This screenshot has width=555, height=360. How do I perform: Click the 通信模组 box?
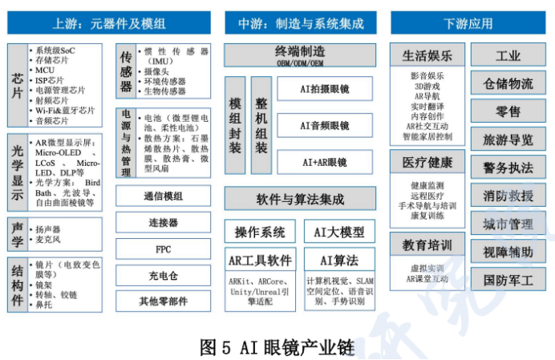click(x=164, y=196)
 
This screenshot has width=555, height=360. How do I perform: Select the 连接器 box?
click(x=164, y=222)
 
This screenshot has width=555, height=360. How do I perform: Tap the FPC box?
click(x=164, y=249)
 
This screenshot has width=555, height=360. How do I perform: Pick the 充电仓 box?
click(x=164, y=275)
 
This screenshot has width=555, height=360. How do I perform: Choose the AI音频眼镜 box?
click(x=325, y=125)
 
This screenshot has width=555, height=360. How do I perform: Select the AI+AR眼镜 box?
click(x=325, y=161)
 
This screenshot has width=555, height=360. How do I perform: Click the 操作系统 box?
click(x=260, y=233)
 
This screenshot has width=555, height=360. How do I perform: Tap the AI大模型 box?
click(x=338, y=233)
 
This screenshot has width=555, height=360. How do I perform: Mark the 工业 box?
click(x=508, y=56)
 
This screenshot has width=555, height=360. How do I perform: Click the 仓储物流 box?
click(x=508, y=83)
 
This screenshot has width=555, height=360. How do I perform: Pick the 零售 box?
click(x=508, y=111)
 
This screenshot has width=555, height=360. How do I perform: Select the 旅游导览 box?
click(x=508, y=140)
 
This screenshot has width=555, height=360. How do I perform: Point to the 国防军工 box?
click(x=508, y=280)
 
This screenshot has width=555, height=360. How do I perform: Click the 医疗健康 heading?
click(x=427, y=163)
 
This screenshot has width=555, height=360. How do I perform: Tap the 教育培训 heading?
click(x=427, y=244)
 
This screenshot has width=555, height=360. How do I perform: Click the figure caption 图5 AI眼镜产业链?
click(x=277, y=346)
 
